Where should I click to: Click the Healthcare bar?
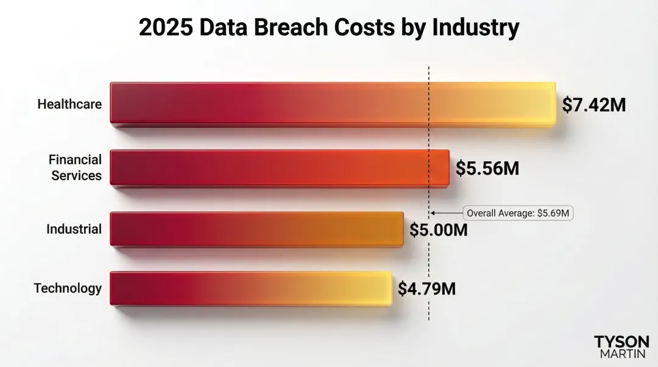point(332,103)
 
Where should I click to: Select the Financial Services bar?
point(279,167)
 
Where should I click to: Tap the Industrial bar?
point(256,229)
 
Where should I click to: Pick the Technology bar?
point(250,288)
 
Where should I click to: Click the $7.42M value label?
point(593,105)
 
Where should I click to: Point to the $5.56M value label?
point(487,169)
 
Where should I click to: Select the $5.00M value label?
point(438,231)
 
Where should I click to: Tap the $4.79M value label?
point(426,288)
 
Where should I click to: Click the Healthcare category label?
point(69,104)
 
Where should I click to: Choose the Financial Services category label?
point(76,167)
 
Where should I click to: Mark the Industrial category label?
point(74,229)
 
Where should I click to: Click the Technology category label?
point(68,288)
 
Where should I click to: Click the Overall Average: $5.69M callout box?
point(518,213)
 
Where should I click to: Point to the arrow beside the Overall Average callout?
point(447,213)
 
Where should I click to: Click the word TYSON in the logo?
point(621,341)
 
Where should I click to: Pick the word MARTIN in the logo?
point(621,354)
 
